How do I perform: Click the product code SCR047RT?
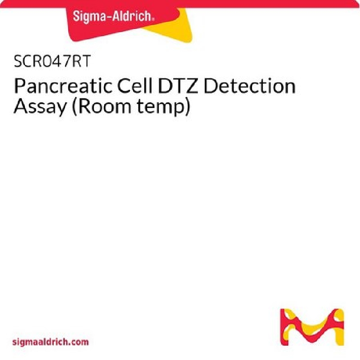(x=52, y=61)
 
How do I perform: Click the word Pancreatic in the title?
(x=63, y=86)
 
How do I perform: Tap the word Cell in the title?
(x=135, y=85)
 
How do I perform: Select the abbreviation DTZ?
(x=178, y=86)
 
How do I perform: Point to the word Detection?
(x=249, y=86)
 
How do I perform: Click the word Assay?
(x=40, y=107)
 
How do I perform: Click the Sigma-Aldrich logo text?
(x=113, y=17)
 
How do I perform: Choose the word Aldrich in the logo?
(x=131, y=16)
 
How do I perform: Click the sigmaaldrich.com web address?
(x=50, y=342)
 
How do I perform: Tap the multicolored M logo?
(x=312, y=327)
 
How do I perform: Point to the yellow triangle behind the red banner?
(x=175, y=29)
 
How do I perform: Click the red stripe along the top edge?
(x=180, y=4)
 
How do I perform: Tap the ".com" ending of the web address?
(x=78, y=342)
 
